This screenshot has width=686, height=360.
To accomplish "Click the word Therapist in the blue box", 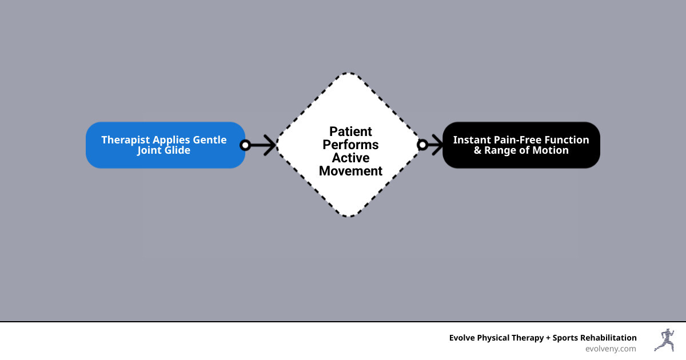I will (x=125, y=140).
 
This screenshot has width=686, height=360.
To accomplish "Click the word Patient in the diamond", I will (x=350, y=131).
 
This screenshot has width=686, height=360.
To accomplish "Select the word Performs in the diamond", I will (x=350, y=145).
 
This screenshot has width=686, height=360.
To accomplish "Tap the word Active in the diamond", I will (x=350, y=158).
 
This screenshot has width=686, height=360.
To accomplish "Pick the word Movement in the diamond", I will (x=350, y=171).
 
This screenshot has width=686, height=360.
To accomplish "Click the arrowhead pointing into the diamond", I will (x=270, y=145).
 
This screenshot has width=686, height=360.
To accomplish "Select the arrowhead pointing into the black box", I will (x=437, y=145).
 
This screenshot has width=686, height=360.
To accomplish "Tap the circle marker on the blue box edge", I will (x=245, y=145).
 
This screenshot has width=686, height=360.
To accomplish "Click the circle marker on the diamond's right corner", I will (x=422, y=145).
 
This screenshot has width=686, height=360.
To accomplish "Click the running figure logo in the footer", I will (x=664, y=340).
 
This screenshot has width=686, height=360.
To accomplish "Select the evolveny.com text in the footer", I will (x=611, y=349).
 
